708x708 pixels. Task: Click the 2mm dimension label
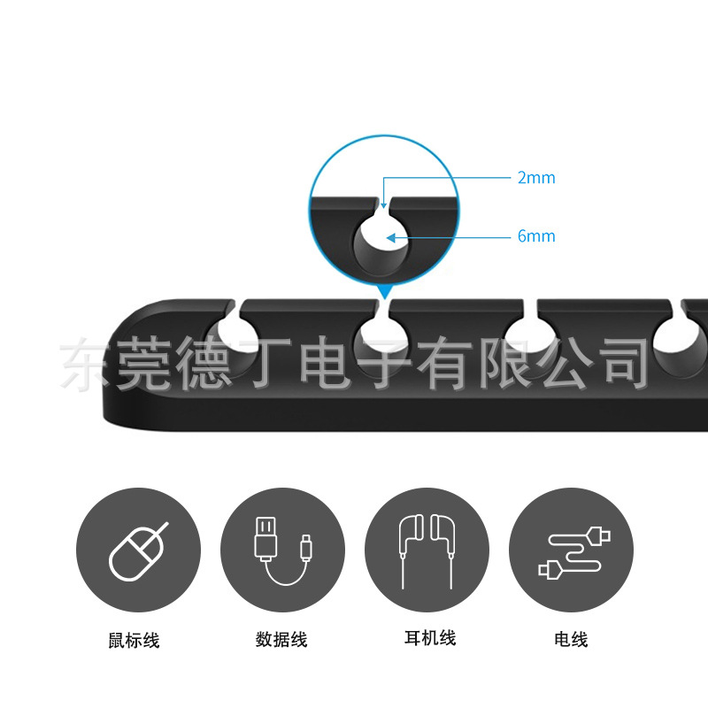[x=536, y=178]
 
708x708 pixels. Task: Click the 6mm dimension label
[x=536, y=236]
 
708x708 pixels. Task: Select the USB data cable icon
[x=282, y=550]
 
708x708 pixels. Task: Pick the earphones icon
[x=427, y=550]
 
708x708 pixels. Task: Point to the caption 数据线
[x=281, y=639]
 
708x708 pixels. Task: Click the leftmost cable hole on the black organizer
[x=233, y=341]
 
